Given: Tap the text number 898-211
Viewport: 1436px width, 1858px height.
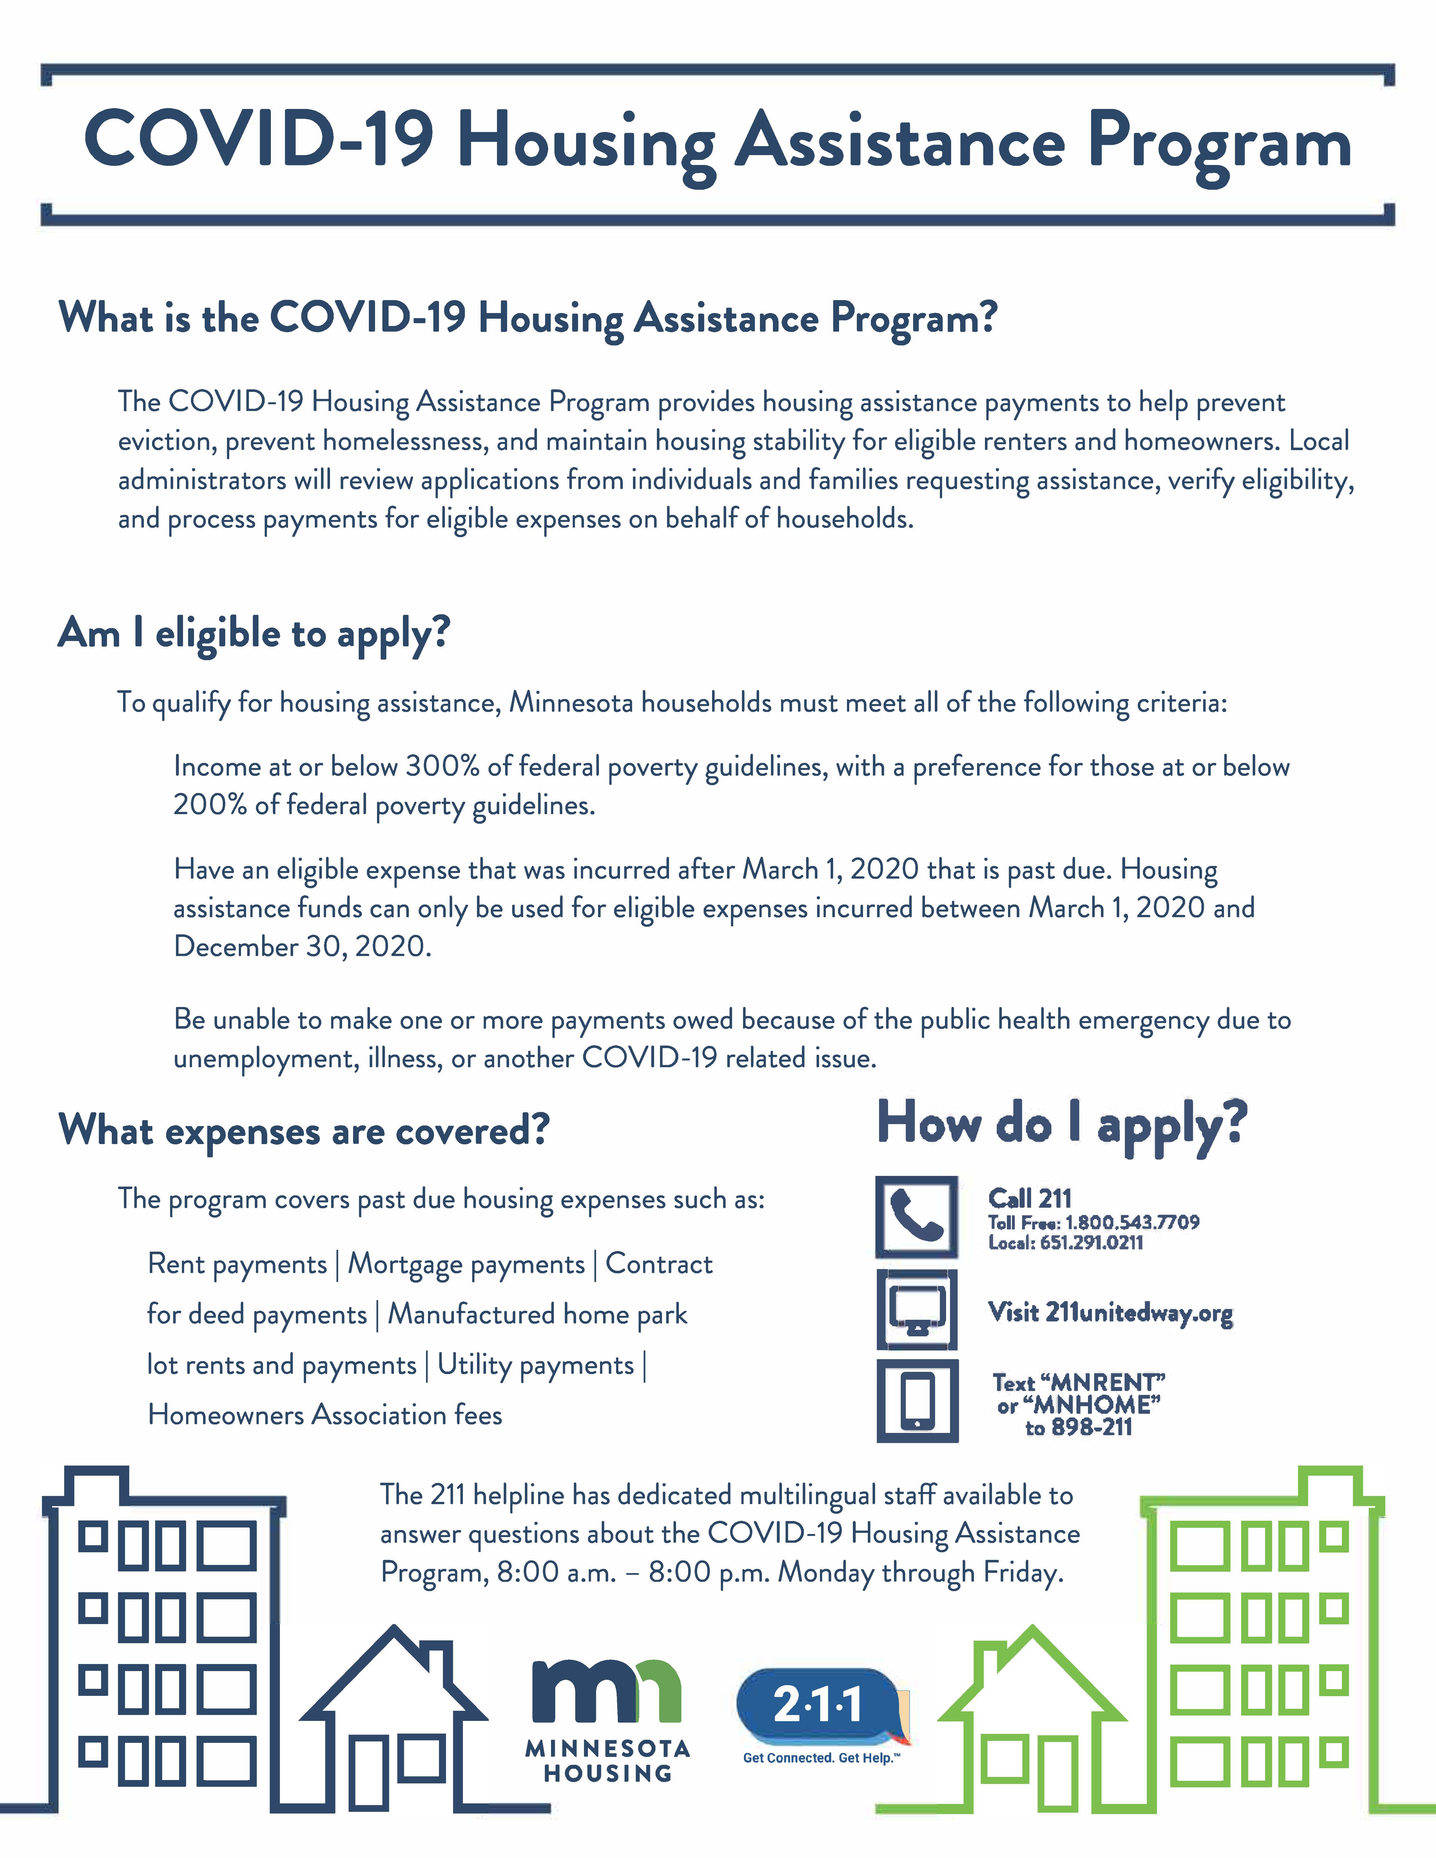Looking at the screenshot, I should (1091, 1428).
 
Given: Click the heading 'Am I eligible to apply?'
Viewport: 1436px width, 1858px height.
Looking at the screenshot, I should (253, 634).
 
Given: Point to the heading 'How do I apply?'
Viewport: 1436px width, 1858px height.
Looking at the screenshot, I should (1062, 1123).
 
